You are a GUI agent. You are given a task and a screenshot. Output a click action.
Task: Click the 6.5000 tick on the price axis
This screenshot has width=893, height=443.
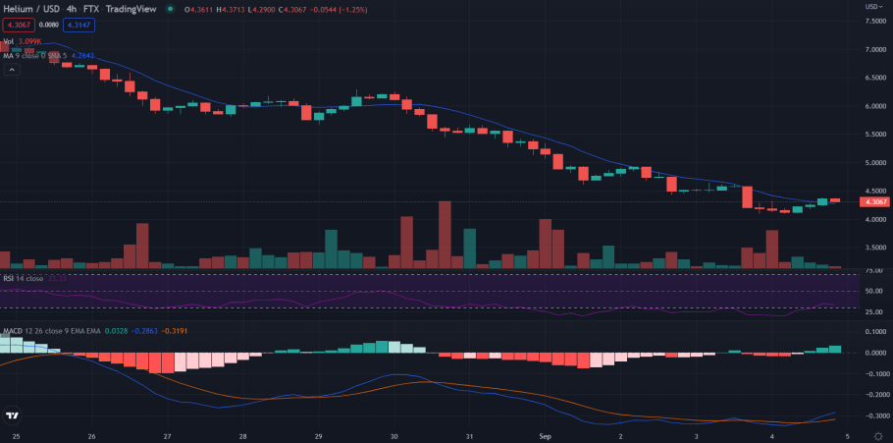(x=874, y=77)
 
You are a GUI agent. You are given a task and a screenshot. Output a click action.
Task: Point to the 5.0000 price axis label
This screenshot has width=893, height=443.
(x=874, y=162)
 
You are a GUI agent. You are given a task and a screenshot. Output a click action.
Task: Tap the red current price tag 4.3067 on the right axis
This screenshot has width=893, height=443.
(x=873, y=202)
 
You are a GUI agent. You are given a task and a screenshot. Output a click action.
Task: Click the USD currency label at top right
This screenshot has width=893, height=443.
(x=871, y=7)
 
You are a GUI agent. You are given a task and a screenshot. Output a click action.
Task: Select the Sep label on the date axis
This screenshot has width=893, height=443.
(x=546, y=435)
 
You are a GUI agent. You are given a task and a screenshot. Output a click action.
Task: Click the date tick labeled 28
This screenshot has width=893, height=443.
(x=242, y=435)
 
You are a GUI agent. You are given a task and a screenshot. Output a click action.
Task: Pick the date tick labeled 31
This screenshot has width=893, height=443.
(x=470, y=435)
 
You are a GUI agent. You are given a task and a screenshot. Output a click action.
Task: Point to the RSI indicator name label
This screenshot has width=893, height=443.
(x=9, y=278)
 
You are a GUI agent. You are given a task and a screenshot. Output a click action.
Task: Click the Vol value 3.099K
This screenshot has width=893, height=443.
(x=31, y=41)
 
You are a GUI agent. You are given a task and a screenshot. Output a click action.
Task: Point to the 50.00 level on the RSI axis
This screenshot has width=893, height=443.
(x=872, y=292)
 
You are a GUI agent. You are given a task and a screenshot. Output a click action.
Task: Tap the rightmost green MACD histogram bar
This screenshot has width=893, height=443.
(x=835, y=349)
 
